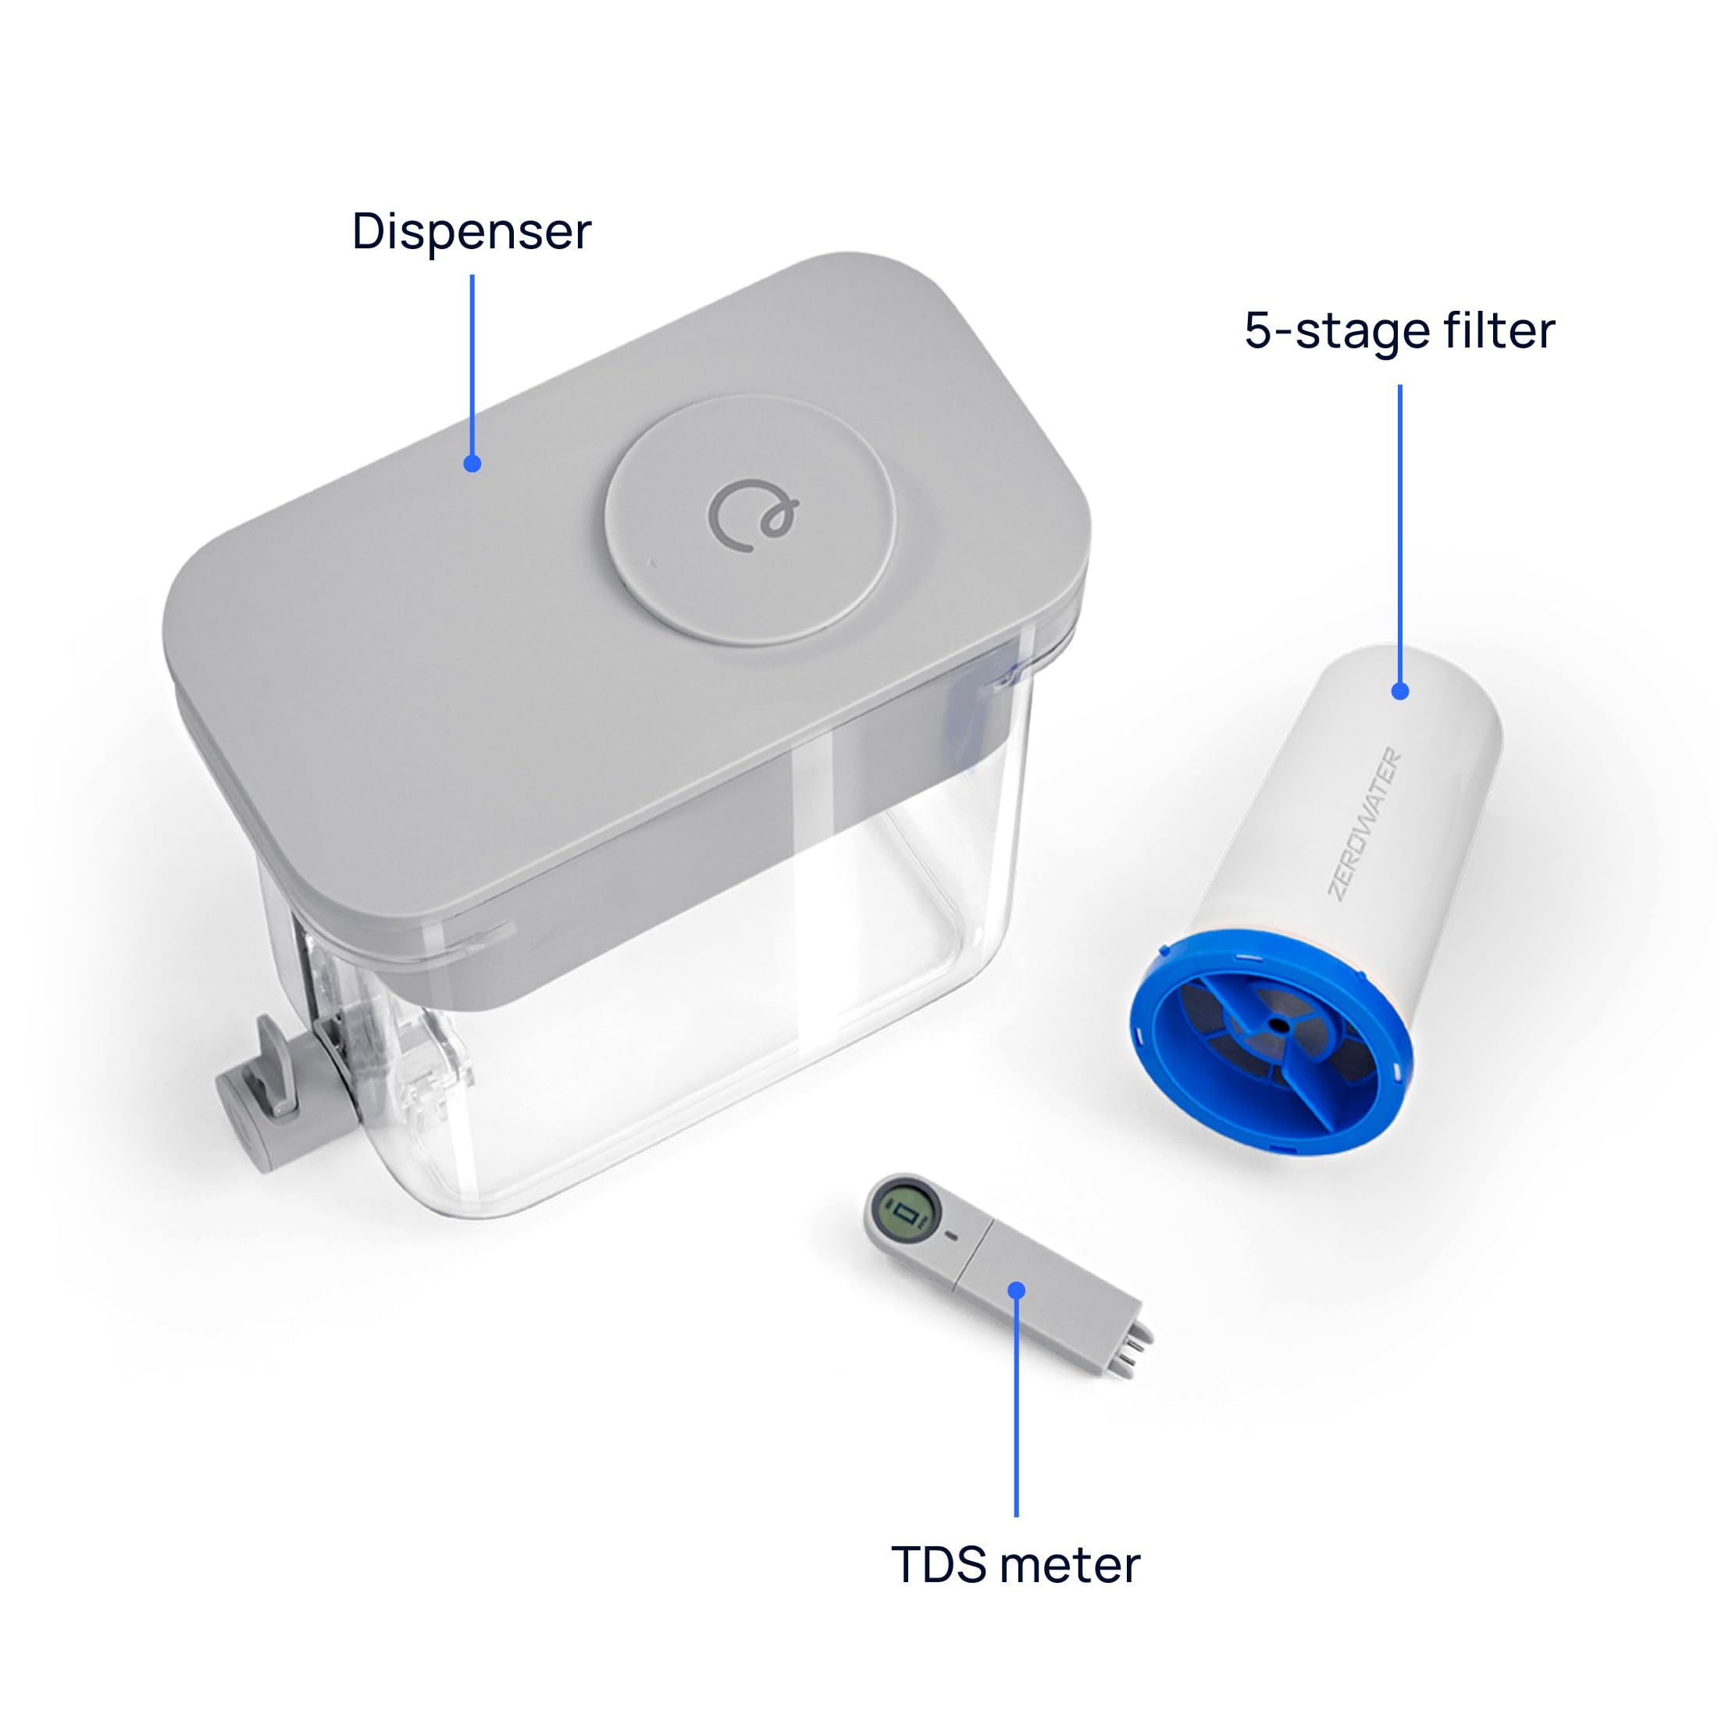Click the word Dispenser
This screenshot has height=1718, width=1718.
[472, 232]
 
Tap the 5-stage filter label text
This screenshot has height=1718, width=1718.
[1399, 331]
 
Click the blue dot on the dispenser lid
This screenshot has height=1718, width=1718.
[472, 463]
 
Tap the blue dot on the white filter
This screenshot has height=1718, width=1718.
[1399, 691]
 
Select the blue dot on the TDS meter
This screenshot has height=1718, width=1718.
[1018, 1290]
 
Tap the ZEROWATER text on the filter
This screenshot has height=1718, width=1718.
[1365, 823]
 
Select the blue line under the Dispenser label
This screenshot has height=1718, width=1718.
[472, 365]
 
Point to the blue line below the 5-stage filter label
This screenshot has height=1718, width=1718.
[1399, 533]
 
